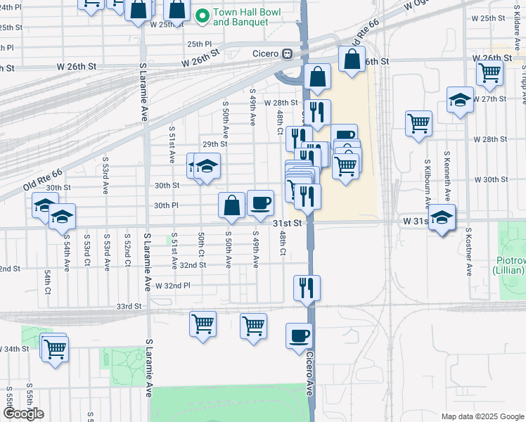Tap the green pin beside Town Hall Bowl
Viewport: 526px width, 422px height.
(x=203, y=15)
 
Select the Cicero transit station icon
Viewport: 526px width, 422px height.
(x=287, y=54)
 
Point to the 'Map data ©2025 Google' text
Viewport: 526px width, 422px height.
(x=482, y=416)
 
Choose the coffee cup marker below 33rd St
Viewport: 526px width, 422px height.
(x=299, y=336)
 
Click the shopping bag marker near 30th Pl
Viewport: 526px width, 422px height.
(x=231, y=205)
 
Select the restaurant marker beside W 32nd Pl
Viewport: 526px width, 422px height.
(x=307, y=287)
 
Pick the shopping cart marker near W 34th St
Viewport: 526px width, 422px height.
(x=54, y=347)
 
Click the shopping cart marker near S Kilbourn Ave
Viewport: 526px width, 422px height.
(x=418, y=124)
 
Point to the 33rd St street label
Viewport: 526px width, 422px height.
(x=129, y=307)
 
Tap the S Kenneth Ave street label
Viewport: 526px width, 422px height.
(x=447, y=173)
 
